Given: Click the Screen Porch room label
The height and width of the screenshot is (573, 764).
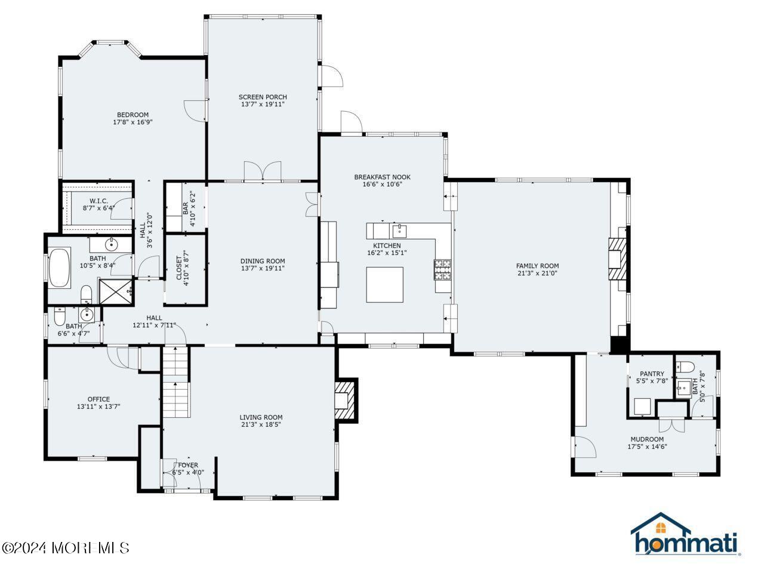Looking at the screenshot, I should tap(263, 97).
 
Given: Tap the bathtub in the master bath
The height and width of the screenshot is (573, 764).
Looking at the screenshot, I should tap(60, 267).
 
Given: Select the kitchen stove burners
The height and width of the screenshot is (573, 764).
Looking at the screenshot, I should tap(442, 270).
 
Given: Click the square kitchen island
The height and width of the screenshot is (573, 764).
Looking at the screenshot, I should tap(384, 285).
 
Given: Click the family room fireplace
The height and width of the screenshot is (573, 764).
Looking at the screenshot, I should tap(618, 259).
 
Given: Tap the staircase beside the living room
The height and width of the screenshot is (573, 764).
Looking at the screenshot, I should tap(175, 383).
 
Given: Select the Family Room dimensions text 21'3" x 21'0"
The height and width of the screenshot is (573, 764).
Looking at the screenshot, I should tap(537, 274).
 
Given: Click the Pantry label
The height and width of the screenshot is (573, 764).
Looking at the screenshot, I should tap(652, 374).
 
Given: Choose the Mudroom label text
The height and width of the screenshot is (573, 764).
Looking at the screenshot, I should tap(647, 439).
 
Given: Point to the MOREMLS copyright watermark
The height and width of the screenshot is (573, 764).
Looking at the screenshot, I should tap(65, 547).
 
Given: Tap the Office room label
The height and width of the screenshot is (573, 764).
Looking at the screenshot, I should tap(98, 399).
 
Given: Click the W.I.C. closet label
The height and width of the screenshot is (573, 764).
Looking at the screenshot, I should tap(98, 201).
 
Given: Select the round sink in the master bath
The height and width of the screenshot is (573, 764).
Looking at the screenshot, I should tap(111, 244).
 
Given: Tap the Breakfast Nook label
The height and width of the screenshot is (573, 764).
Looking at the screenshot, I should tap(382, 177).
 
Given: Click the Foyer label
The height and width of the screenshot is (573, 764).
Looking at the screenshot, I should tap(188, 465).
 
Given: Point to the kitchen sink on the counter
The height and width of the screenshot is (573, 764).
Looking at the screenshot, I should tap(399, 231).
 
